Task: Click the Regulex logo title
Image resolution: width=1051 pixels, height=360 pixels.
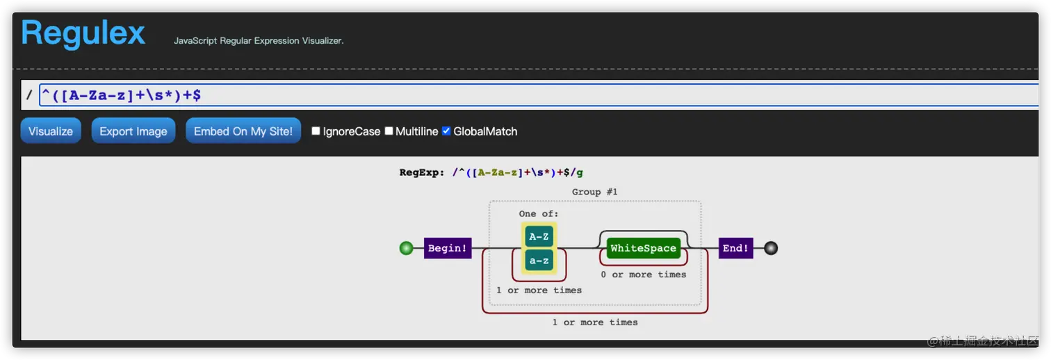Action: [83, 33]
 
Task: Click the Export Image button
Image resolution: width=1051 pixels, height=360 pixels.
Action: [133, 131]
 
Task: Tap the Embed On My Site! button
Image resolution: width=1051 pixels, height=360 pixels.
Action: [243, 131]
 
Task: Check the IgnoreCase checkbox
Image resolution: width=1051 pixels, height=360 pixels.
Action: [316, 131]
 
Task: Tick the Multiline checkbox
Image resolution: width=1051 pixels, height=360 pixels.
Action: [389, 131]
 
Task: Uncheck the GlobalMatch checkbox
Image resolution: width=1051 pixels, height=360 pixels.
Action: [447, 131]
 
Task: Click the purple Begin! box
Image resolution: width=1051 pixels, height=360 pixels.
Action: [447, 248]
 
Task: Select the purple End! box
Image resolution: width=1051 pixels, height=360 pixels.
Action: [735, 248]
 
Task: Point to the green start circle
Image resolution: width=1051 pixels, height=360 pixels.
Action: [407, 248]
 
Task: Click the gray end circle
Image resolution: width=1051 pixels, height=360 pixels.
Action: [770, 248]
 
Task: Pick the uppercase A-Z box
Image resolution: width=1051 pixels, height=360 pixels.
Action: [539, 236]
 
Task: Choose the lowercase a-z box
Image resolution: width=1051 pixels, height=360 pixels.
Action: [539, 261]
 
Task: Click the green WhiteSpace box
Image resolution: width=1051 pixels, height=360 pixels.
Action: [643, 248]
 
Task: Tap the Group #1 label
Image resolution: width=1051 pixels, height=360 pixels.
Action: [594, 192]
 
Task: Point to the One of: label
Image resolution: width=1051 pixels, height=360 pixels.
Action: [539, 213]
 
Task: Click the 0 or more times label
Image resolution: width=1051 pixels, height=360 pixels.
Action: [643, 275]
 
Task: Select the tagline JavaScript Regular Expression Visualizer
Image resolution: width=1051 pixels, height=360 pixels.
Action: [259, 41]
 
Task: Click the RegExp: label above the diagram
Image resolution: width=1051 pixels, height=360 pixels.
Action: [421, 172]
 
